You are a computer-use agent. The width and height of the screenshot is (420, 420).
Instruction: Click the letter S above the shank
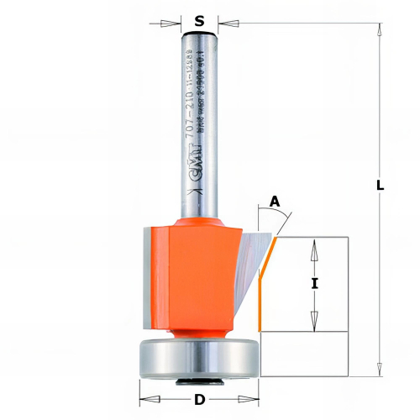pyautogui.click(x=199, y=22)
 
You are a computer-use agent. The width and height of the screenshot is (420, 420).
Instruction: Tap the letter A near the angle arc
pyautogui.click(x=274, y=202)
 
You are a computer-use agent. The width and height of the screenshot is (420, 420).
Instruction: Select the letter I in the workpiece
pyautogui.click(x=315, y=284)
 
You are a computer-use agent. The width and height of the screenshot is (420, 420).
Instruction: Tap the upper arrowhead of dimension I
pyautogui.click(x=315, y=244)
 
